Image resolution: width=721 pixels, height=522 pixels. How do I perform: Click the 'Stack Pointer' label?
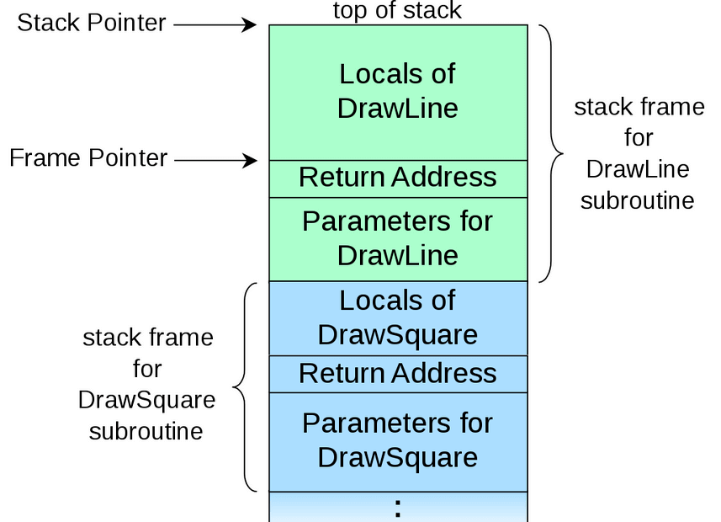(92, 24)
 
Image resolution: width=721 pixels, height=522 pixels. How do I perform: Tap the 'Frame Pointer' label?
(88, 157)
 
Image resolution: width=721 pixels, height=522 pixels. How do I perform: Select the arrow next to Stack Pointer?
(215, 24)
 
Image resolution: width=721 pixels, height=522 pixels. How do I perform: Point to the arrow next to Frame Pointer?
(215, 158)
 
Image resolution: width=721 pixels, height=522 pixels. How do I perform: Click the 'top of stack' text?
(397, 10)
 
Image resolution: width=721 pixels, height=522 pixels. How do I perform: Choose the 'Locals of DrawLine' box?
(398, 91)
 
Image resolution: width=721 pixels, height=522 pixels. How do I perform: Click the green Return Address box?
(398, 178)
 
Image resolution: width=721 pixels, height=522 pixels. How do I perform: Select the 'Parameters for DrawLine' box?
(398, 238)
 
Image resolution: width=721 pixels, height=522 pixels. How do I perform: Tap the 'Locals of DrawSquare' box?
(398, 317)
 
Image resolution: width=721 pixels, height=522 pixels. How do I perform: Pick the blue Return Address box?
(398, 373)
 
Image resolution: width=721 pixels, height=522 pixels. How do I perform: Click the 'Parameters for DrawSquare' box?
(398, 440)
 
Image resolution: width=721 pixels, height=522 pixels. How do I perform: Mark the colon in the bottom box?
(398, 507)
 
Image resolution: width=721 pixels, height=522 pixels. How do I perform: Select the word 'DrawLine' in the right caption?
(638, 169)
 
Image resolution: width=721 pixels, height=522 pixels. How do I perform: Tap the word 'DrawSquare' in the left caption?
(146, 400)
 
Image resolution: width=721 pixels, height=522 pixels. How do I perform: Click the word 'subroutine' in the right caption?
(638, 200)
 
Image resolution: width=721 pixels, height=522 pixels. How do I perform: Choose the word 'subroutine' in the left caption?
(146, 431)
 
